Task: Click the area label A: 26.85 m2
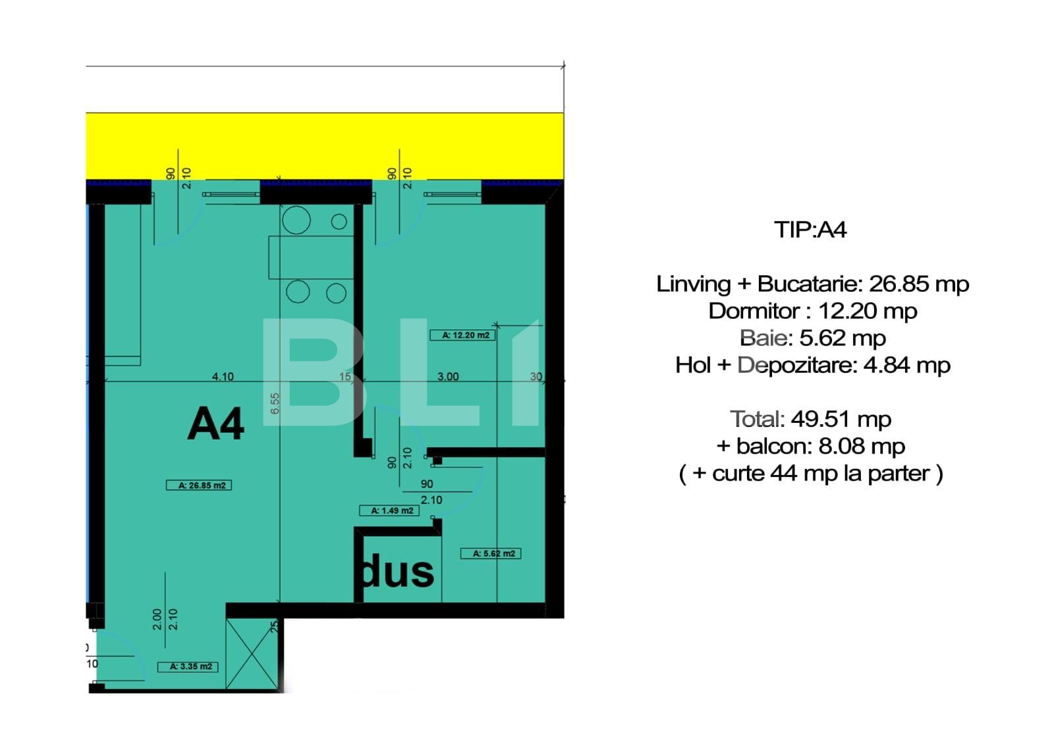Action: click(198, 485)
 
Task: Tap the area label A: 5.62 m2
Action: click(491, 553)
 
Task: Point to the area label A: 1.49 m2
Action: click(389, 510)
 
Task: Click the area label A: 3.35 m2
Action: click(188, 667)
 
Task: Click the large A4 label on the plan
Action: click(215, 424)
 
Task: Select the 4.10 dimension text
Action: click(223, 376)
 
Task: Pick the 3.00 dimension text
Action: click(448, 376)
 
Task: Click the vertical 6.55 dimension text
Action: click(275, 404)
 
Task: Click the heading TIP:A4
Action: click(810, 230)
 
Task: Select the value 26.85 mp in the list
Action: click(919, 284)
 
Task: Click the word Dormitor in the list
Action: click(754, 311)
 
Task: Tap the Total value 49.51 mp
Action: click(841, 419)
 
